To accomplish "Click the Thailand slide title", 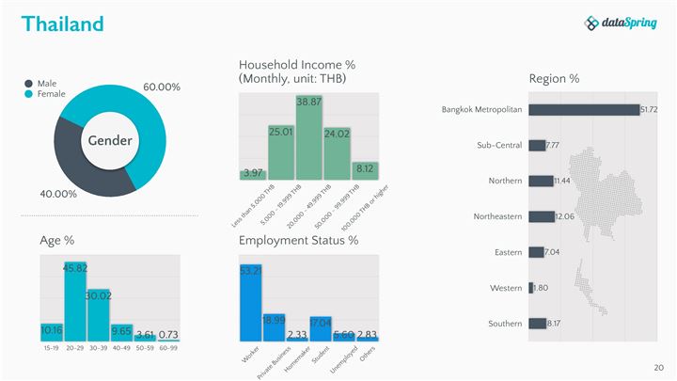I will click(x=62, y=24).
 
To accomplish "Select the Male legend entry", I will click(x=46, y=83).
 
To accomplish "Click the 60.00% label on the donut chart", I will click(x=161, y=87).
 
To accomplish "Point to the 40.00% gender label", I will click(x=57, y=194).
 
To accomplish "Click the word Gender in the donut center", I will click(x=110, y=141).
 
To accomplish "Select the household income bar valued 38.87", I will click(x=308, y=137).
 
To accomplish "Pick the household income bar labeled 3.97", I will click(x=253, y=174).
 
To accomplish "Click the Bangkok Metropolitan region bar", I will click(x=583, y=110).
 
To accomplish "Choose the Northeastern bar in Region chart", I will click(x=542, y=216).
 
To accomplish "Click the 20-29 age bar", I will click(x=75, y=301).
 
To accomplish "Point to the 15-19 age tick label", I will click(x=52, y=348).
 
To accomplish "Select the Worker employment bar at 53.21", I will click(x=251, y=302).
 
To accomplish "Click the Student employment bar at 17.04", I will click(x=321, y=328).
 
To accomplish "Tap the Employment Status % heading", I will click(x=298, y=241).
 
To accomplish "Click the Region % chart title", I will click(x=554, y=78).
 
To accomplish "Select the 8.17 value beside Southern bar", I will click(x=554, y=324).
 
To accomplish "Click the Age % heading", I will click(x=57, y=241).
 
